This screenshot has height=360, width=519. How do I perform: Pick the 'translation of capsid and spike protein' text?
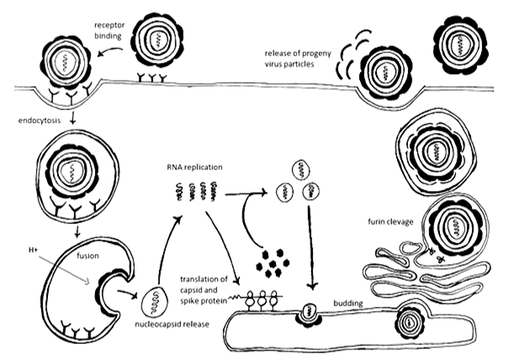tap(209, 288)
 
